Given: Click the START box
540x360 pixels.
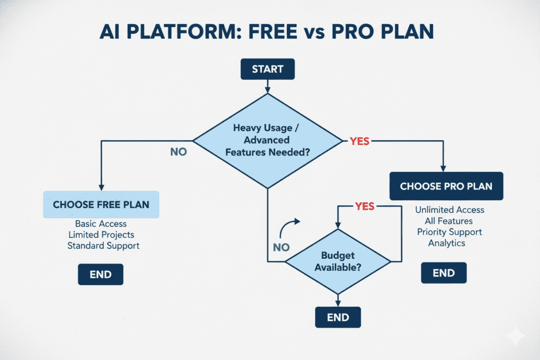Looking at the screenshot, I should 267,69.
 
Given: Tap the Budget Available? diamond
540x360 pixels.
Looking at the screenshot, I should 337,261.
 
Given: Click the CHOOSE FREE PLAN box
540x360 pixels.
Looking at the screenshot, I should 101,205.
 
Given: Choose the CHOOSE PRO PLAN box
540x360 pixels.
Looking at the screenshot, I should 446,187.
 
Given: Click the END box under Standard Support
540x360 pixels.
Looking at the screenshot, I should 100,274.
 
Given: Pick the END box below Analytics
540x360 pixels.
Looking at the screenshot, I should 443,273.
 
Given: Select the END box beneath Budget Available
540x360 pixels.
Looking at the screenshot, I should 337,317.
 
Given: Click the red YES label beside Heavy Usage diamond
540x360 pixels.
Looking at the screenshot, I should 360,141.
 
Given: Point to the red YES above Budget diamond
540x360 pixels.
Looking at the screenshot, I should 364,206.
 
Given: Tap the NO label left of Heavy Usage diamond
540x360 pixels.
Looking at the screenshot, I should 178,152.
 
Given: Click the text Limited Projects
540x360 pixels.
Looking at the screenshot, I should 101,235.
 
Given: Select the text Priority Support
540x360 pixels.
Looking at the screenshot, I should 449,232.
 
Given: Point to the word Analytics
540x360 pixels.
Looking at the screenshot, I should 447,243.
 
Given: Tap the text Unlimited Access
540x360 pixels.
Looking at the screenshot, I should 449,210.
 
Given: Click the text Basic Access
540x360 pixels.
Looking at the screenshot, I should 101,223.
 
